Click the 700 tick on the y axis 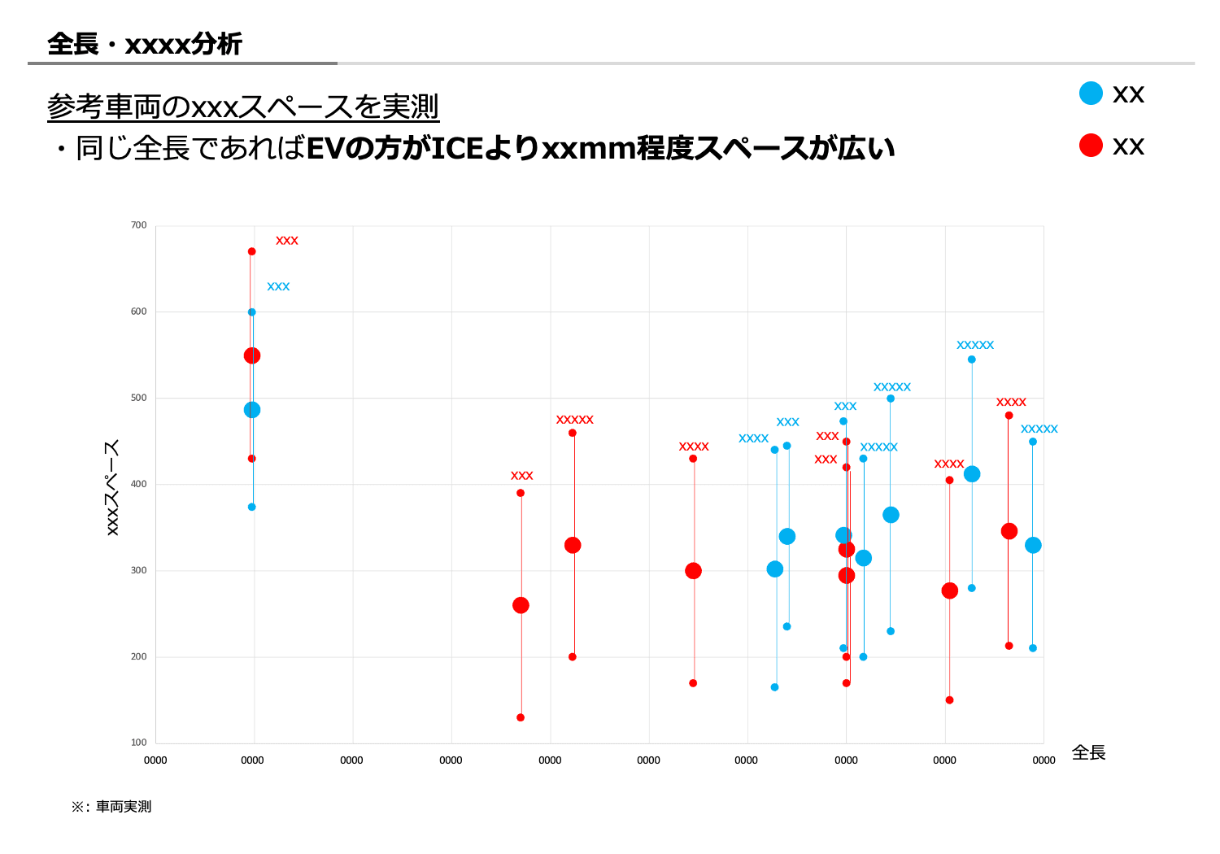139,225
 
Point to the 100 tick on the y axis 139,743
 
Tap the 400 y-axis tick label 139,484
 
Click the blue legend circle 1091,94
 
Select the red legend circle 1091,146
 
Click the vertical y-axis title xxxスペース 112,487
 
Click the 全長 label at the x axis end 1088,753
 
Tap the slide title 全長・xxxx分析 145,44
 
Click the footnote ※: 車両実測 111,807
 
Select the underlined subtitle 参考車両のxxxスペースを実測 243,107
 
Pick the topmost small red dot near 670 252,251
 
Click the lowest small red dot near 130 521,717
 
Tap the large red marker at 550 252,355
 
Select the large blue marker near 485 252,410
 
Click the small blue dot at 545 971,359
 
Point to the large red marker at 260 521,605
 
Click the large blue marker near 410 972,474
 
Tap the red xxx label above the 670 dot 287,241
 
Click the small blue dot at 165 774,687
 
